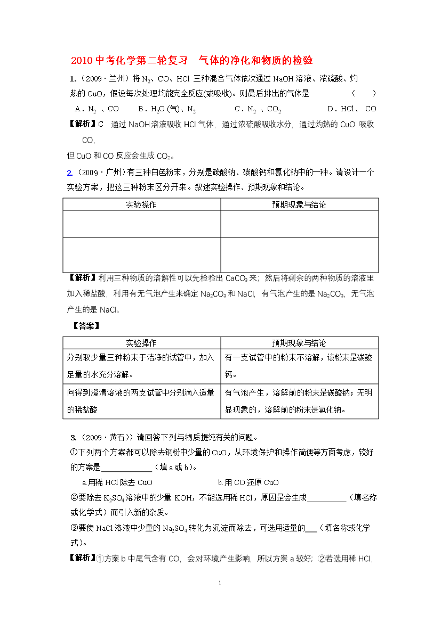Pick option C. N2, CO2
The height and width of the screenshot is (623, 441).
[258, 109]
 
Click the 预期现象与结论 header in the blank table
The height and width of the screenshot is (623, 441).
[299, 204]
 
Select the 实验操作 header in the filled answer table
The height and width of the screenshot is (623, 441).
[141, 343]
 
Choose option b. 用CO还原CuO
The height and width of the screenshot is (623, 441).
[248, 482]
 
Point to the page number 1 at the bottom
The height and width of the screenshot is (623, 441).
[220, 583]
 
